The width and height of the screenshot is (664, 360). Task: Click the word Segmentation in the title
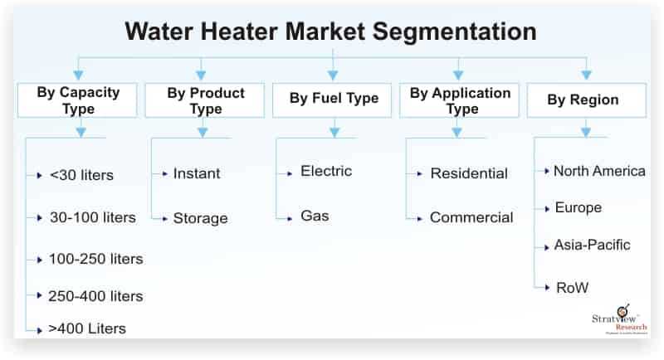(x=454, y=32)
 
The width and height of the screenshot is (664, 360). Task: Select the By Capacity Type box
(x=77, y=100)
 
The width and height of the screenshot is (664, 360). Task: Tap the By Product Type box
(x=205, y=100)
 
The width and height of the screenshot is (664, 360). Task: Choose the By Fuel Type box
(x=333, y=100)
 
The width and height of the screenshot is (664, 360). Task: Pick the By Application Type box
(x=460, y=100)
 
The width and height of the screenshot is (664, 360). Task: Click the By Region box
(x=587, y=100)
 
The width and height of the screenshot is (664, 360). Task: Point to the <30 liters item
(x=81, y=175)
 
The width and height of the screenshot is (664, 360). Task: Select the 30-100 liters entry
(x=93, y=217)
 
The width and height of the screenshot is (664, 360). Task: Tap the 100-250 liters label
(x=96, y=259)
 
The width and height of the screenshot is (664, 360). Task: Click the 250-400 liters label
(x=95, y=296)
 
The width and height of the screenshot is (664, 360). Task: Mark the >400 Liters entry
(x=87, y=328)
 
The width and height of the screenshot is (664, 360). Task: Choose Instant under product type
(x=197, y=173)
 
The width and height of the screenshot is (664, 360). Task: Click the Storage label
(x=200, y=218)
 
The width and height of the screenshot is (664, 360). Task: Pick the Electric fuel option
(x=326, y=171)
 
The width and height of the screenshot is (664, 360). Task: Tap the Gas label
(x=315, y=216)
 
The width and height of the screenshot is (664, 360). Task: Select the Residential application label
(x=469, y=173)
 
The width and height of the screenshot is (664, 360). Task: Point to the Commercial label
(x=471, y=217)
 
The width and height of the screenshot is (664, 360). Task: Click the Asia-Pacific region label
(x=592, y=245)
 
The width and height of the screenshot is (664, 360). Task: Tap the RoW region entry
(x=572, y=288)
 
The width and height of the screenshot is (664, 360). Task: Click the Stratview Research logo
(x=619, y=320)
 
